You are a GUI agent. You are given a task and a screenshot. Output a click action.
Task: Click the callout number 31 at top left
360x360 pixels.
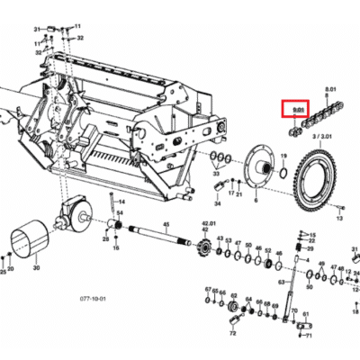(x=38, y=29)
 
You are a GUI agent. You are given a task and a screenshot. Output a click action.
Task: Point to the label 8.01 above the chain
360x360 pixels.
(x=330, y=88)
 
